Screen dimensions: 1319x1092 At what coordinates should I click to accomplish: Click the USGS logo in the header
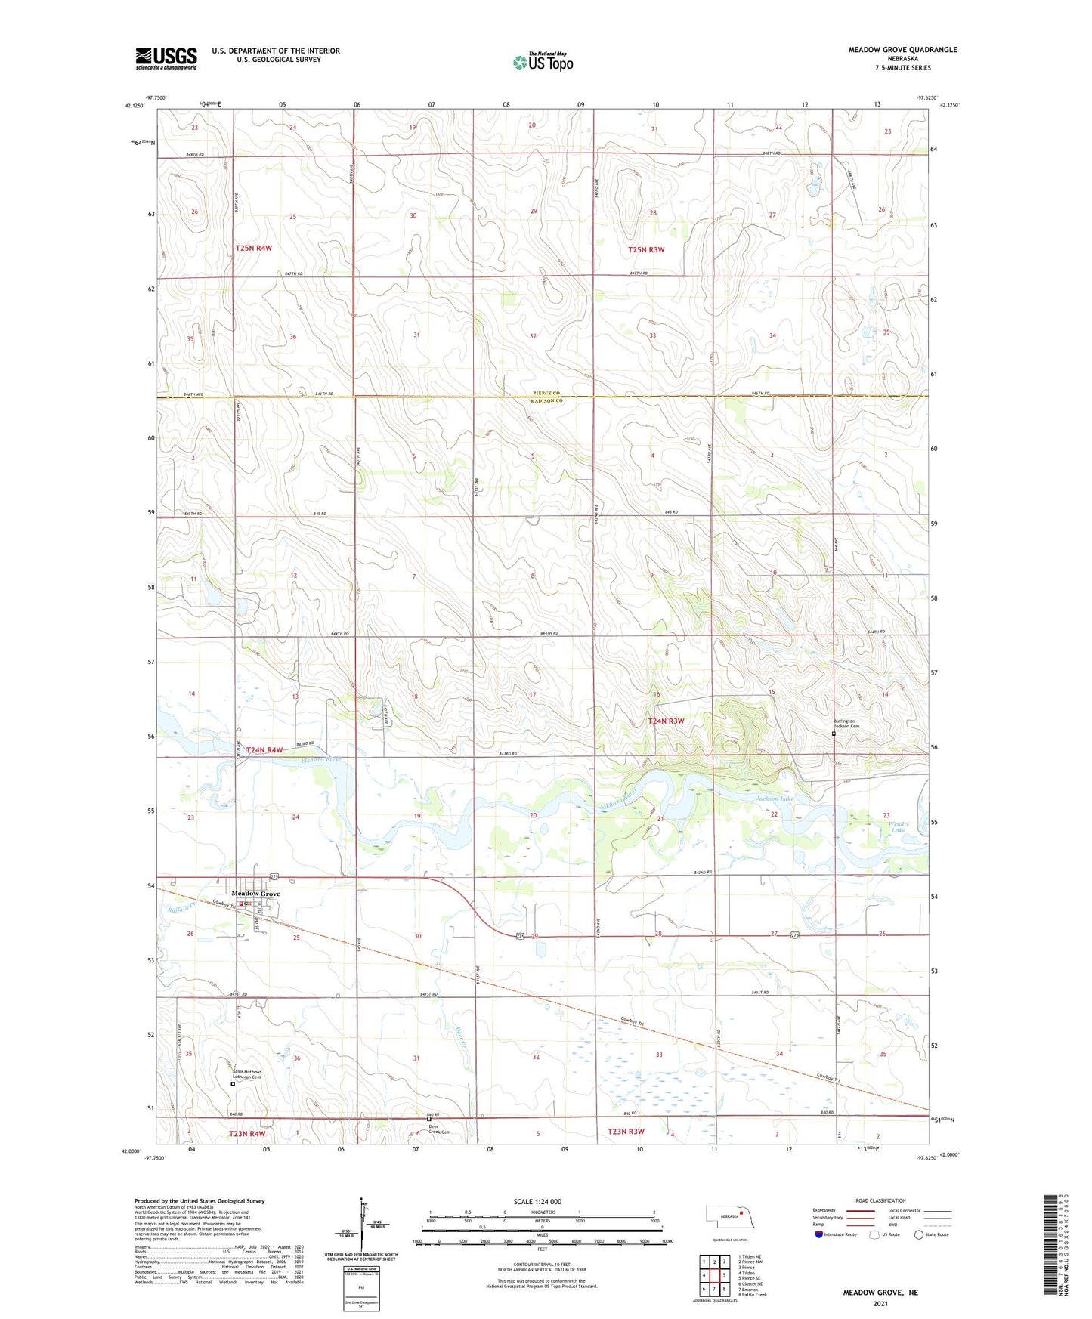coord(166,58)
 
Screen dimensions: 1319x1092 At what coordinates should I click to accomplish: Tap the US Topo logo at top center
coord(543,61)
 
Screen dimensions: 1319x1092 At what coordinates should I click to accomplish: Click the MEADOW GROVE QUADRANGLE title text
coord(902,50)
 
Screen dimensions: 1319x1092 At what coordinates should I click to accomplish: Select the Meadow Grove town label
coord(255,894)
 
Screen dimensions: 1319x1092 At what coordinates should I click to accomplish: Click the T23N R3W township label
coord(626,1131)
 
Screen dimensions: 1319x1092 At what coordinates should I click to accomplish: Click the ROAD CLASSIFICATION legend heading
coord(880,1200)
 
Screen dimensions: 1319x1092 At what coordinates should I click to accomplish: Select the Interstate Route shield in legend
coord(819,1234)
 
